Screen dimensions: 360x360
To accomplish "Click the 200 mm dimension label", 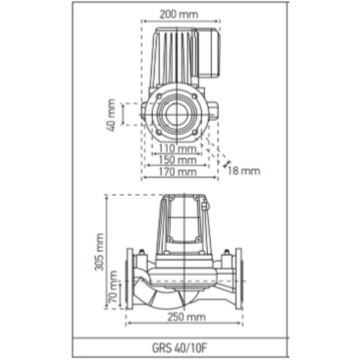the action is point(179,14).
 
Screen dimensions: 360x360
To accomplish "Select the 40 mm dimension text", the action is point(111,115).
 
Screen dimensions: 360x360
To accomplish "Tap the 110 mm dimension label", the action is point(178,149).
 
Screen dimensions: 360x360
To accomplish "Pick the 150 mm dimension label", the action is point(178,160).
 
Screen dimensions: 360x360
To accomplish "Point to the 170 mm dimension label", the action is point(178,172).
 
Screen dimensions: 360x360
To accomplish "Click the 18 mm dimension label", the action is point(244,171).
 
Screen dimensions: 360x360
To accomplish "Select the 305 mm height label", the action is point(99,252).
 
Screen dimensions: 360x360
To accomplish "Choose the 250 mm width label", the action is point(186,317).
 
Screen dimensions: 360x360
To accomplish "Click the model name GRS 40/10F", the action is point(180,348).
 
